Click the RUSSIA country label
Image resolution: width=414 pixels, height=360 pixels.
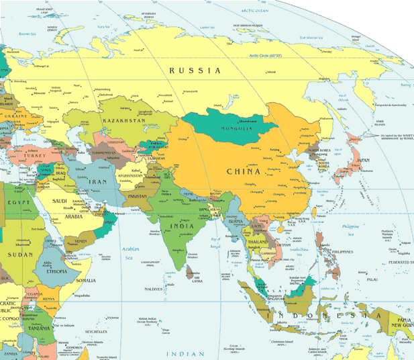tap(195, 71)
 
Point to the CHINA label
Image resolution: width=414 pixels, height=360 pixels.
tap(243, 171)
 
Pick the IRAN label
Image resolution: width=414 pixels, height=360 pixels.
tap(98, 181)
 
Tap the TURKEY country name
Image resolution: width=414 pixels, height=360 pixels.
tap(33, 155)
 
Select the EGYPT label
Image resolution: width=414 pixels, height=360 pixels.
tap(17, 202)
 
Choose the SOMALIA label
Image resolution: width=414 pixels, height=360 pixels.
tap(86, 280)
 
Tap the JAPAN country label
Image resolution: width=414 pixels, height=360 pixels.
tap(362, 160)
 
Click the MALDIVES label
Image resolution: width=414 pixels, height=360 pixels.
tap(153, 289)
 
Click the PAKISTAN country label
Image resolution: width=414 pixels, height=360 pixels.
tap(137, 196)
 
